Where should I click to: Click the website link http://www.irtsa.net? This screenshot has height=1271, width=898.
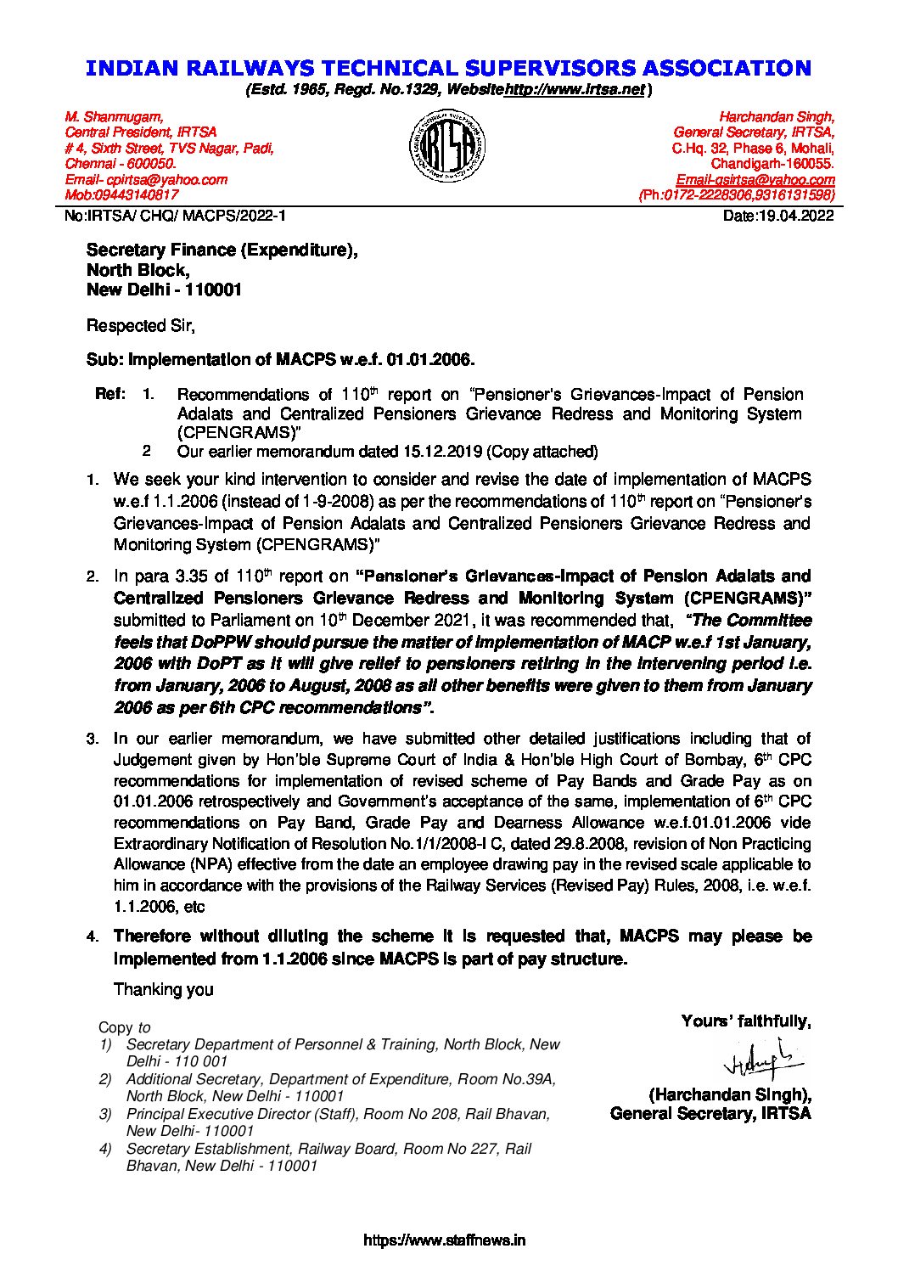point(575,89)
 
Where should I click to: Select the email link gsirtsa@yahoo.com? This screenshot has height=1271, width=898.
point(755,179)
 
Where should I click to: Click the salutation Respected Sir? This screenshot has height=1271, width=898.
point(140,325)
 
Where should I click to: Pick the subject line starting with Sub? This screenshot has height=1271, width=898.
point(279,359)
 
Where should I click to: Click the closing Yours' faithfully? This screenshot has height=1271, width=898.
point(745,1021)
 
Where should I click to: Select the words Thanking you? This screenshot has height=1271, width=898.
point(163,989)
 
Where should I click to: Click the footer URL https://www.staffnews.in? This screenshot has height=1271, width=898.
point(444,1240)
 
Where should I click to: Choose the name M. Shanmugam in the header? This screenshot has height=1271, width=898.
point(115,116)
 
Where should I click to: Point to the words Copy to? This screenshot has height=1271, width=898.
point(124,1027)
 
